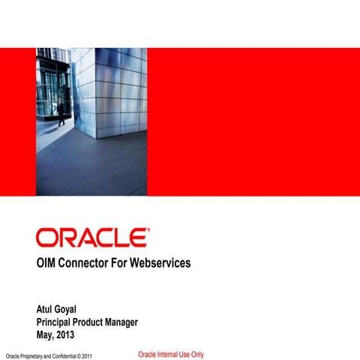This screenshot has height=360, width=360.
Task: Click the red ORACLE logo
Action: (91, 238)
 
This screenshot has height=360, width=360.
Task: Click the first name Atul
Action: (46, 309)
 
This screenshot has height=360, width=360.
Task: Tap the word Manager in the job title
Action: (139, 321)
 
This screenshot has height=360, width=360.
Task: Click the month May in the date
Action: (46, 333)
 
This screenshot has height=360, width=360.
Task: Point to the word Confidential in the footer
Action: (65, 355)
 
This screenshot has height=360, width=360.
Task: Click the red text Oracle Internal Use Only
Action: (171, 354)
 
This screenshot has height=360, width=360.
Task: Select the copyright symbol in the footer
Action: (78, 355)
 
